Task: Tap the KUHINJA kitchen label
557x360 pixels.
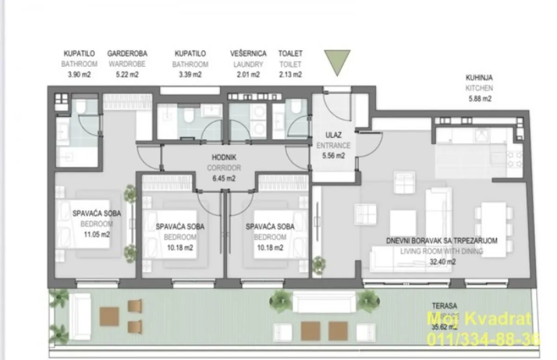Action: point(479,78)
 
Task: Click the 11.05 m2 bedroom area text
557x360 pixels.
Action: point(97,234)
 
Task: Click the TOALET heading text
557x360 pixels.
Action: point(291,53)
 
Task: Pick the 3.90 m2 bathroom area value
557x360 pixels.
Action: point(80,74)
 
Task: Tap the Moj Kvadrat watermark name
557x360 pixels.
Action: point(478,319)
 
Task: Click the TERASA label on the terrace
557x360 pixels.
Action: point(444,306)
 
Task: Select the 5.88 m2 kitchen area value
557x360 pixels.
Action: point(479,98)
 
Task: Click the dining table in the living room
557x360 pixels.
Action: point(493,229)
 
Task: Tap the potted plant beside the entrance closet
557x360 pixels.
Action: point(318,265)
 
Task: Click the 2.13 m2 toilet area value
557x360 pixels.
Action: point(291,74)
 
